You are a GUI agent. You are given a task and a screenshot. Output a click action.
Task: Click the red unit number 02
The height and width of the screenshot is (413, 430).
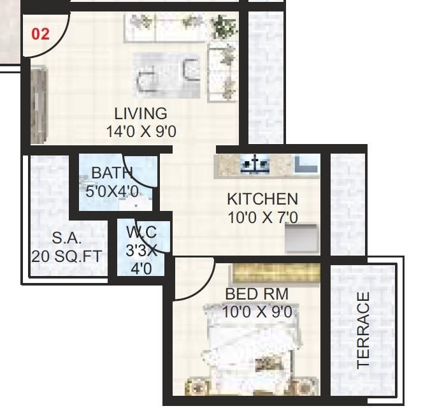(40, 34)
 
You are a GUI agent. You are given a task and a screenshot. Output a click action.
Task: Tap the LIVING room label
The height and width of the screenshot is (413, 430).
(141, 113)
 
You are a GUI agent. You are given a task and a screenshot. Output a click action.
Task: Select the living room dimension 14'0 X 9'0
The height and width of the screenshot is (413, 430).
(141, 131)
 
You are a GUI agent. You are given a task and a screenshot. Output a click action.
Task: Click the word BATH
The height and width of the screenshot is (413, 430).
(111, 173)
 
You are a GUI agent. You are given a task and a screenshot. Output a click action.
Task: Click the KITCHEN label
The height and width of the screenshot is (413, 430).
(262, 199)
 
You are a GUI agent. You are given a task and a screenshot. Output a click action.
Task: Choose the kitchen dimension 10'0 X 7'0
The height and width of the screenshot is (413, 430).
(262, 217)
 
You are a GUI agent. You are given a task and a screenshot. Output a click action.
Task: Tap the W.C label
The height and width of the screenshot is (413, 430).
(141, 232)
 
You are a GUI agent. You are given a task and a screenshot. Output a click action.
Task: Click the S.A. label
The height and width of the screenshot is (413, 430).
(67, 238)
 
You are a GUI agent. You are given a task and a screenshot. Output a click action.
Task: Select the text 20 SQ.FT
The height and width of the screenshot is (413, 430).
(68, 256)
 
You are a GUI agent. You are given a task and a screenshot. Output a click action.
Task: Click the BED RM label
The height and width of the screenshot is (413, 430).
(257, 294)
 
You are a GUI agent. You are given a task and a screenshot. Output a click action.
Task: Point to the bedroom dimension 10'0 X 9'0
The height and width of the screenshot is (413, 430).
(257, 312)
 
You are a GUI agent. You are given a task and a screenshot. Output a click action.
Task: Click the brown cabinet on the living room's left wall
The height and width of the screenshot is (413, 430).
(38, 105)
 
